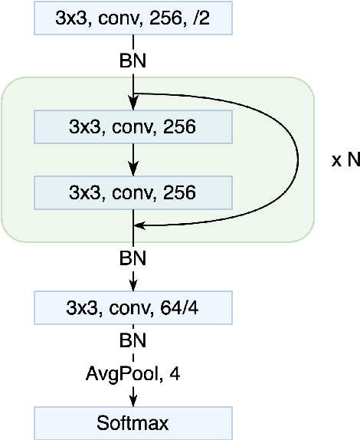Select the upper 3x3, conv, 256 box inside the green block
pyautogui.click(x=133, y=126)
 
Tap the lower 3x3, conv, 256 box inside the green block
pyautogui.click(x=133, y=192)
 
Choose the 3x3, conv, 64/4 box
pyautogui.click(x=133, y=310)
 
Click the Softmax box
pyautogui.click(x=133, y=422)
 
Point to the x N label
pyautogui.click(x=344, y=162)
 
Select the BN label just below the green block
pyautogui.click(x=134, y=260)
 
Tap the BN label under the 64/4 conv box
pyautogui.click(x=134, y=340)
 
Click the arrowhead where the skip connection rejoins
pyautogui.click(x=139, y=225)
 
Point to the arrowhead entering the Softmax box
pyautogui.click(x=134, y=402)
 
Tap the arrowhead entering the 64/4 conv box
pyautogui.click(x=134, y=288)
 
